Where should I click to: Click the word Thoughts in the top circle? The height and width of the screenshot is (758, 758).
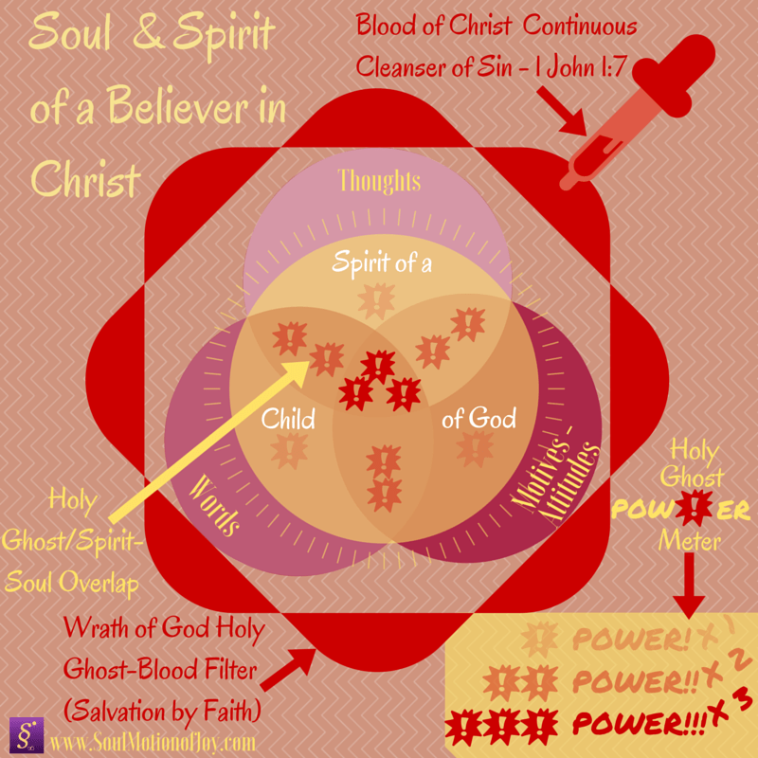378,181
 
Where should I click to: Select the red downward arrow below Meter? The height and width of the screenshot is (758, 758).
689,591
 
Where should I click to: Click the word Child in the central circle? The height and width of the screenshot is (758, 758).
289,418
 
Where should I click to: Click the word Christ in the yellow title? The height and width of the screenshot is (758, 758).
84,177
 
